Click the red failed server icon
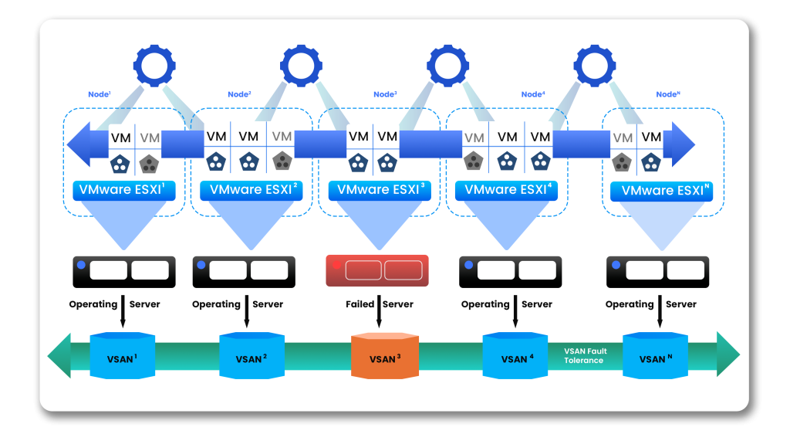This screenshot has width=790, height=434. tap(377, 270)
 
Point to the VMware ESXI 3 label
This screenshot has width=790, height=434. tap(379, 189)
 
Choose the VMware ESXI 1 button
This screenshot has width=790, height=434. tap(124, 189)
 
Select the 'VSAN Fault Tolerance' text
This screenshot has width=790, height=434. tap(585, 356)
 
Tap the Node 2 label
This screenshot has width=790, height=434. tap(239, 94)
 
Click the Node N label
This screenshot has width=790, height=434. tap(668, 94)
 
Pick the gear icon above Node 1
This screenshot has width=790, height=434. tap(155, 65)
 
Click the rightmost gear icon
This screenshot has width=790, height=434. tap(595, 65)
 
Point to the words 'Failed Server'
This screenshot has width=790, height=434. tap(379, 304)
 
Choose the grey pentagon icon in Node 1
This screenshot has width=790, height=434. tap(149, 164)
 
